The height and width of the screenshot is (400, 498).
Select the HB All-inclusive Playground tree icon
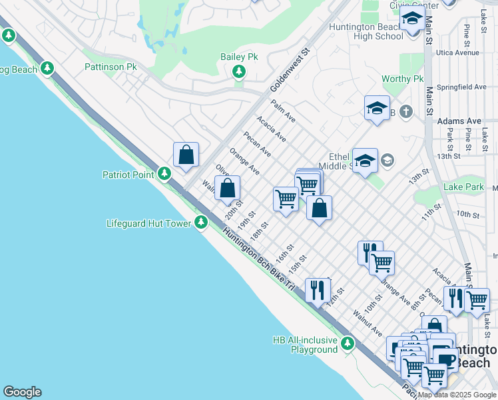point(347,344)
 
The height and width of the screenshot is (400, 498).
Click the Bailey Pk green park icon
point(238,71)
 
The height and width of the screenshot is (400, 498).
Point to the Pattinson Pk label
point(110,67)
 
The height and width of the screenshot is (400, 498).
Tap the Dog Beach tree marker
point(47,68)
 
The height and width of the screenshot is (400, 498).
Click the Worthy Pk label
point(402,79)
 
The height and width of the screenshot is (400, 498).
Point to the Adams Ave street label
point(459,121)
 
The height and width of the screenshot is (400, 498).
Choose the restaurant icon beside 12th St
point(317,289)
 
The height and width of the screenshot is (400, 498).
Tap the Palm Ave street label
point(283,111)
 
